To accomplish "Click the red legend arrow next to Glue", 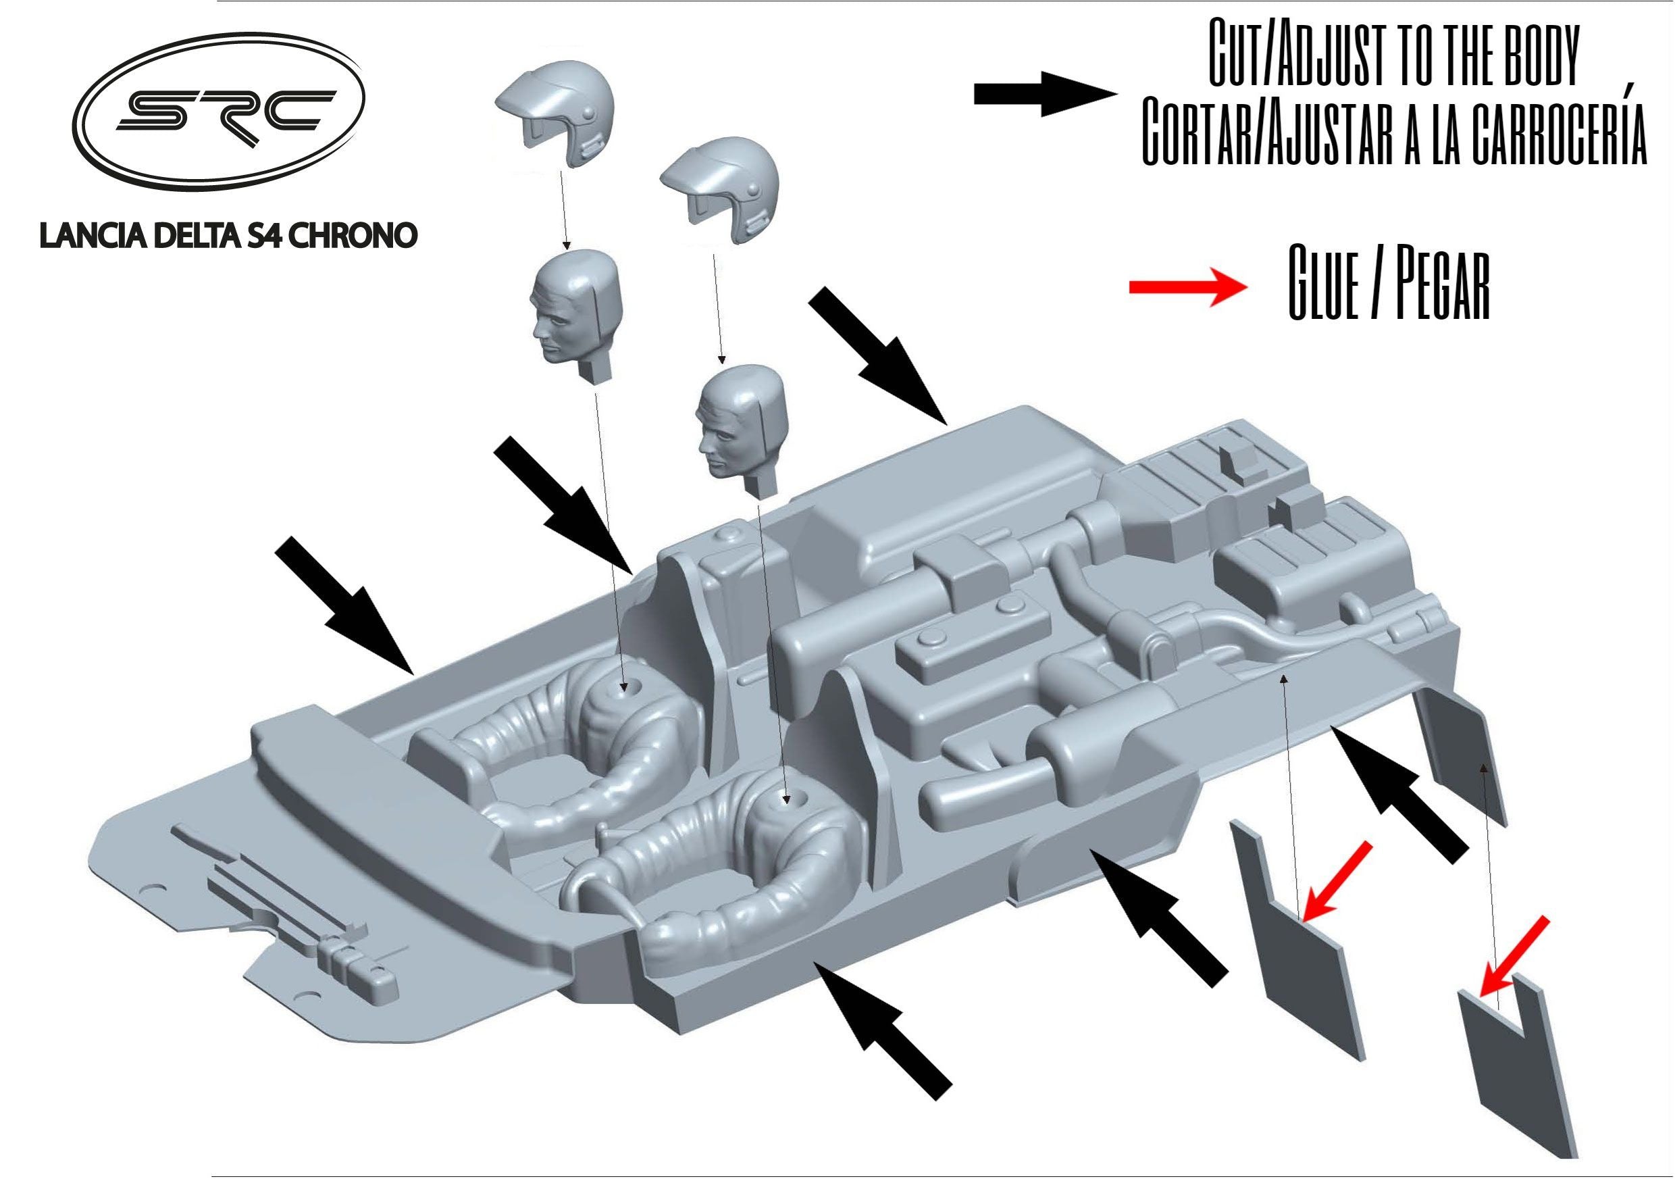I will pyautogui.click(x=1189, y=286).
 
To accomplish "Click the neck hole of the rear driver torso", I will pyautogui.click(x=624, y=687).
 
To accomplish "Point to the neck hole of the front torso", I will pyautogui.click(x=785, y=799).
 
